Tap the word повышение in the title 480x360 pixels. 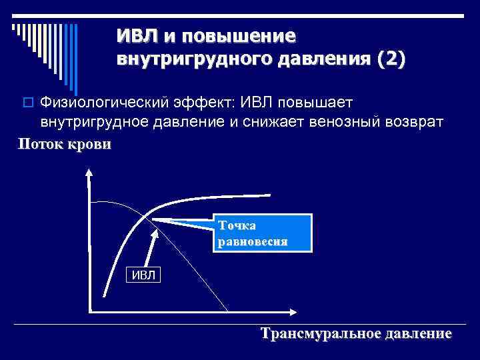tap(235, 35)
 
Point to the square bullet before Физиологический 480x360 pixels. tap(27, 103)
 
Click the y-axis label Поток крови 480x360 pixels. tap(65, 144)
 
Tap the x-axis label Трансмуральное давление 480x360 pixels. tap(356, 333)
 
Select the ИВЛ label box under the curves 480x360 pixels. tap(142, 274)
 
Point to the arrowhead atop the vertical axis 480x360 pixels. tap(89, 172)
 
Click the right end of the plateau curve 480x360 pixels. tap(270, 195)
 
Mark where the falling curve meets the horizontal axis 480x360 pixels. tap(227, 311)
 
